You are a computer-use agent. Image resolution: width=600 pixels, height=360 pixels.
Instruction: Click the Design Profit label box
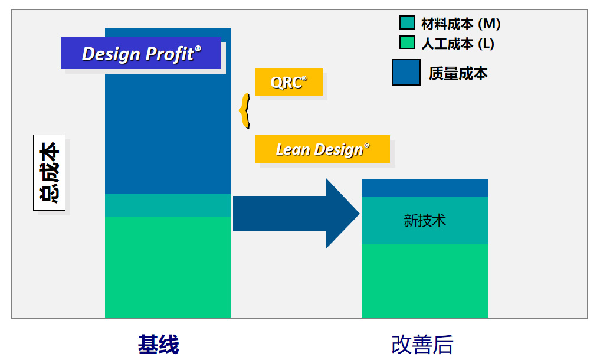coord(141,53)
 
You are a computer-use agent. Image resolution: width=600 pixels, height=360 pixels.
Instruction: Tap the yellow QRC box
coord(288,82)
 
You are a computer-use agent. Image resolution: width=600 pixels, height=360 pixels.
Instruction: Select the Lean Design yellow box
coord(322,149)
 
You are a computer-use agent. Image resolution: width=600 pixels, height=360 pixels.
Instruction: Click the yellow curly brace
coord(245,111)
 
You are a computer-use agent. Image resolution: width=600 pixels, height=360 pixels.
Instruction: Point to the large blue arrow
coord(296,213)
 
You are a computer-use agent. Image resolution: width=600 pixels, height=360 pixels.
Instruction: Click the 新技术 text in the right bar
coord(425,221)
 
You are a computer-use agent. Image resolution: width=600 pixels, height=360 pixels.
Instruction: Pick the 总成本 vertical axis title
coord(50,172)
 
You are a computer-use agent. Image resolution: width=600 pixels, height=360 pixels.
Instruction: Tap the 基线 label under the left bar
coord(159,344)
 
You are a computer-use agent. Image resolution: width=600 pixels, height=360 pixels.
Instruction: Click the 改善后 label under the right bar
coord(422,344)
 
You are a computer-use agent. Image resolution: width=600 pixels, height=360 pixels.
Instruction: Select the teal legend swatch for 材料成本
coord(406,22)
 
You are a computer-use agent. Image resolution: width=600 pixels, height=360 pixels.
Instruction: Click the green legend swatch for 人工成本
coord(406,42)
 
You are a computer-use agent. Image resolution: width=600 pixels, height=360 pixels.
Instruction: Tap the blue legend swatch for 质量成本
coord(406,72)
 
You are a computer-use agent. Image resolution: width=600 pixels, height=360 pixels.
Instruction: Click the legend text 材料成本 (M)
coord(461,24)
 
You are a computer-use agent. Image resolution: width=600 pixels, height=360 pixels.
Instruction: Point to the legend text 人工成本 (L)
coord(458,44)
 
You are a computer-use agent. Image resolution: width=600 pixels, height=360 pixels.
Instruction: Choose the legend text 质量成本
coord(458,74)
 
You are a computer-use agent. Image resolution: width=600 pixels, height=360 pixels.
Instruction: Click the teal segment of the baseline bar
coord(168,205)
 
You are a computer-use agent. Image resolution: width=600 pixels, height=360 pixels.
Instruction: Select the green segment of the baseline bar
coord(168,267)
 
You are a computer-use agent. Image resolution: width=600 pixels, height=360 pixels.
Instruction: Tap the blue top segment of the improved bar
coord(425,188)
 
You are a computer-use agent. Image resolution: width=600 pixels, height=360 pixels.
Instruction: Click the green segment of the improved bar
coord(425,281)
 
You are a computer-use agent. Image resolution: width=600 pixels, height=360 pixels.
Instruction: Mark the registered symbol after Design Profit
coord(198,48)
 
